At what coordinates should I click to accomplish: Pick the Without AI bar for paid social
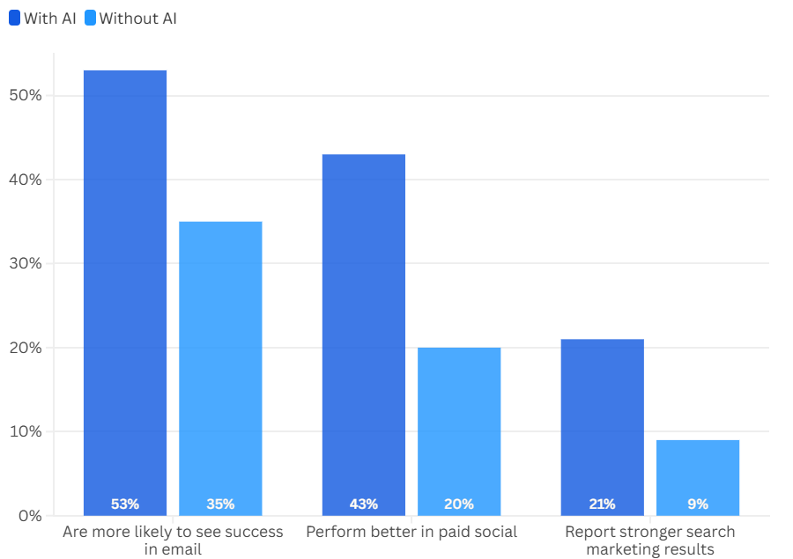(x=459, y=423)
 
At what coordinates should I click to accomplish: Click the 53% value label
(x=125, y=504)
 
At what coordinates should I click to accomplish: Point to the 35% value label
(x=220, y=504)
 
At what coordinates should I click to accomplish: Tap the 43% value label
(x=364, y=504)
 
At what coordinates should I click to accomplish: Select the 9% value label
(x=698, y=504)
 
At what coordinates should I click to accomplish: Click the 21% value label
(x=603, y=504)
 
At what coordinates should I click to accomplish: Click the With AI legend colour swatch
(x=15, y=18)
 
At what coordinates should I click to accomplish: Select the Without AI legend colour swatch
(x=90, y=18)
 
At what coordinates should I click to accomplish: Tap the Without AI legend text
(x=137, y=18)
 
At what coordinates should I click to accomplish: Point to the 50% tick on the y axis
(x=25, y=95)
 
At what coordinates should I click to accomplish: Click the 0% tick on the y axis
(x=29, y=516)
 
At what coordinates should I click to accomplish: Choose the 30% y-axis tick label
(x=25, y=263)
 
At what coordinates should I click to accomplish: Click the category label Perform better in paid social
(x=411, y=532)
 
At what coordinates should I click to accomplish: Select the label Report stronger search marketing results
(x=650, y=541)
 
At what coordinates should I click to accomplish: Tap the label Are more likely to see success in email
(x=173, y=541)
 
